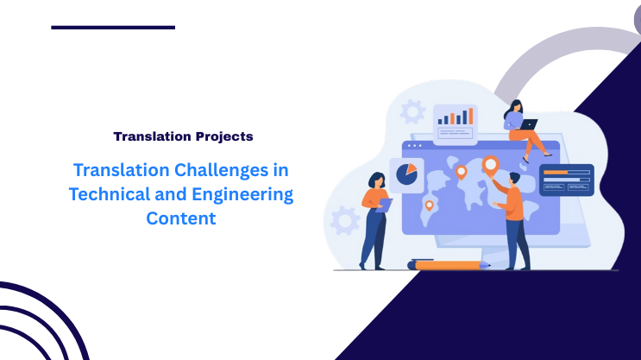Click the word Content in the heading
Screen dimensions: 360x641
click(180, 218)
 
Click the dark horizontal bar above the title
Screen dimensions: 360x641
click(113, 28)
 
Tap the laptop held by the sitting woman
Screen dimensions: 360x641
click(528, 124)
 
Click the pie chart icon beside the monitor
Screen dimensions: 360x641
click(405, 174)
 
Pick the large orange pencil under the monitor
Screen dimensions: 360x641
click(452, 265)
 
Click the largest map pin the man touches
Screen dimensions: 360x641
click(491, 164)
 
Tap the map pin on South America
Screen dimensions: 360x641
click(429, 205)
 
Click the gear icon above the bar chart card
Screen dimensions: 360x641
click(412, 111)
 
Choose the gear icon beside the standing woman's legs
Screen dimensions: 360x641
click(344, 219)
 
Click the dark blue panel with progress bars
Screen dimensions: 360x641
click(566, 180)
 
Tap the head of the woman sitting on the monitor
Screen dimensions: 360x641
click(513, 106)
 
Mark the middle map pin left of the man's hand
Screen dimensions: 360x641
click(461, 171)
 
